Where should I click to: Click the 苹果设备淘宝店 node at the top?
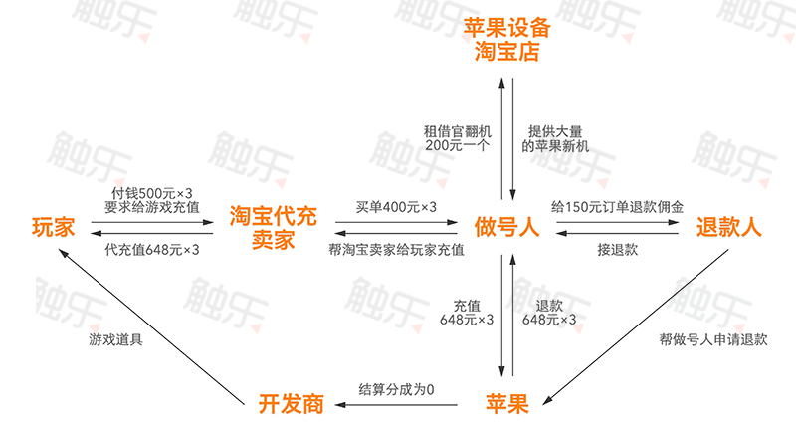point(506,38)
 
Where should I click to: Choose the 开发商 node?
point(292,403)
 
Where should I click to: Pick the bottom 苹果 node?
point(506,403)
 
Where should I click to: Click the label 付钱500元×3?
point(152,192)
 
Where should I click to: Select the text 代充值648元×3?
point(152,249)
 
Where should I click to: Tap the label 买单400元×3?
point(396,206)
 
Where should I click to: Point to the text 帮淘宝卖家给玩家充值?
point(396,249)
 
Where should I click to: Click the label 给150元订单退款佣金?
point(618,206)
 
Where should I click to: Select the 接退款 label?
point(618,249)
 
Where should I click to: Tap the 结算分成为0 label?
point(396,388)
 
